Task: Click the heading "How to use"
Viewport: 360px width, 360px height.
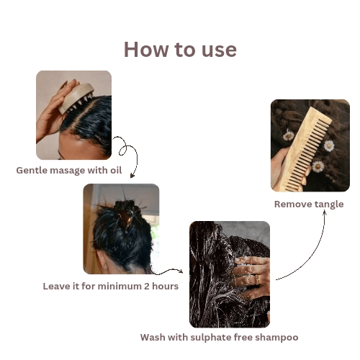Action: pyautogui.click(x=180, y=50)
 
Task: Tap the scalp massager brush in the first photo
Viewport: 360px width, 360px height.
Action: pyautogui.click(x=76, y=98)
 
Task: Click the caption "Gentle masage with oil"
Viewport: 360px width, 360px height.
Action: pyautogui.click(x=69, y=171)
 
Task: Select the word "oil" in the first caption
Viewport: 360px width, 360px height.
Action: pyautogui.click(x=116, y=170)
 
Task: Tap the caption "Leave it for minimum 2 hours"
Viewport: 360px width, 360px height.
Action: pyautogui.click(x=111, y=286)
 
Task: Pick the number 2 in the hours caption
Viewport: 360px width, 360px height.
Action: pyautogui.click(x=147, y=287)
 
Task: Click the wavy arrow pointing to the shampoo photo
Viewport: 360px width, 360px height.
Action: pyautogui.click(x=167, y=271)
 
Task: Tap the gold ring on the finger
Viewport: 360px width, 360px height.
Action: pyautogui.click(x=257, y=279)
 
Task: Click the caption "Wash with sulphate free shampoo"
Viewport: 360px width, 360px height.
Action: pyautogui.click(x=220, y=338)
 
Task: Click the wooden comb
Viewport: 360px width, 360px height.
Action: pyautogui.click(x=305, y=149)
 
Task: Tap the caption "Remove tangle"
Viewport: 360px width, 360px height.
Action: pyautogui.click(x=309, y=204)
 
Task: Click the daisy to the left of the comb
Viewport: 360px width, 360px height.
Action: pyautogui.click(x=289, y=135)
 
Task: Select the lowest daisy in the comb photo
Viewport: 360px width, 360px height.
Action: pyautogui.click(x=318, y=166)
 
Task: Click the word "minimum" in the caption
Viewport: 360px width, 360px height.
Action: pyautogui.click(x=120, y=286)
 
